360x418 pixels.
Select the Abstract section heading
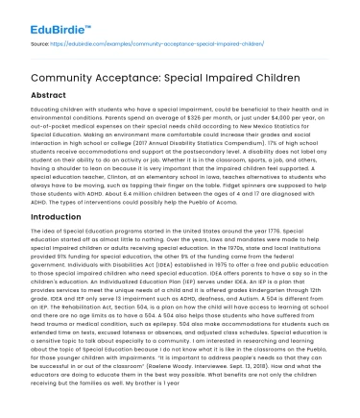tap(38, 96)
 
